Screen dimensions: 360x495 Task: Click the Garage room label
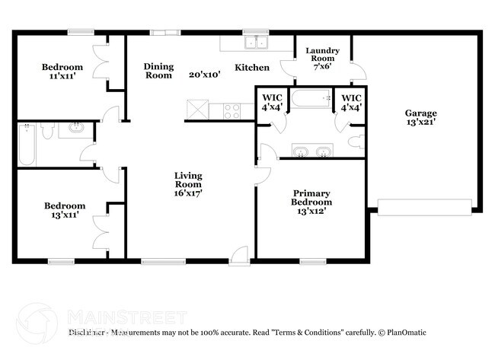click(x=420, y=118)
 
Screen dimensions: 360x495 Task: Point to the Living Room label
click(x=188, y=184)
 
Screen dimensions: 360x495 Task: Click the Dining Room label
click(x=158, y=71)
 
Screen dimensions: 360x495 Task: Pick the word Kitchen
click(x=251, y=68)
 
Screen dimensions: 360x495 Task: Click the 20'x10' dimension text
click(x=204, y=75)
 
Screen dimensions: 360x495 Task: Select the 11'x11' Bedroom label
click(x=62, y=72)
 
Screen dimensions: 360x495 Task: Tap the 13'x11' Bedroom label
click(x=65, y=210)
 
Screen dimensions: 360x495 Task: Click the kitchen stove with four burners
click(x=232, y=112)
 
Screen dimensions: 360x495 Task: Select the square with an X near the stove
click(x=197, y=111)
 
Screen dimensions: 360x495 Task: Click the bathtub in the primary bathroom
click(x=311, y=98)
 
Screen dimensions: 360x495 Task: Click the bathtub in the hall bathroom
click(x=27, y=144)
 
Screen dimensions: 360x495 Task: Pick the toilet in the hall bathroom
click(x=47, y=132)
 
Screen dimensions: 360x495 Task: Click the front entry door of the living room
click(x=240, y=256)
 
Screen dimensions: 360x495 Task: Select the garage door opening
click(x=424, y=206)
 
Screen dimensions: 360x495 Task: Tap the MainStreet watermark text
click(x=127, y=317)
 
